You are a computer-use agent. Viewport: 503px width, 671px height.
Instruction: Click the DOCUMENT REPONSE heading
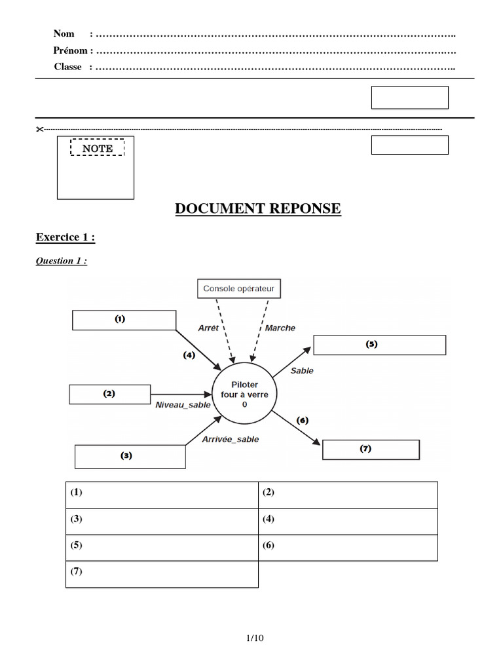tap(257, 209)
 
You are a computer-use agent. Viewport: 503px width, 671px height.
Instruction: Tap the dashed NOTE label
tap(97, 148)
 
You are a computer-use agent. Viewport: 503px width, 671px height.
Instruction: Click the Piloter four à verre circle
tap(244, 395)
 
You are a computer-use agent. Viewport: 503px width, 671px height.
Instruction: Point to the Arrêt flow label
tap(208, 328)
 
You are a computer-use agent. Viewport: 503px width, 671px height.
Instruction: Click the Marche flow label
tap(280, 328)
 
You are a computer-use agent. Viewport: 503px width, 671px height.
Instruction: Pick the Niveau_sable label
tap(183, 405)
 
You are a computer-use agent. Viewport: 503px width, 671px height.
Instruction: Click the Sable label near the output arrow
tap(302, 370)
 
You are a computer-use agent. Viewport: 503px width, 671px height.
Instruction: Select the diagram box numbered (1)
tap(124, 320)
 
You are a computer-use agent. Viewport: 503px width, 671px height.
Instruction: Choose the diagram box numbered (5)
tap(379, 345)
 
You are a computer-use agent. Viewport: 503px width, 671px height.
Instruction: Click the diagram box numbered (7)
tap(371, 450)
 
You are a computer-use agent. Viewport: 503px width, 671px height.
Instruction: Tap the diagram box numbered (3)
tap(130, 456)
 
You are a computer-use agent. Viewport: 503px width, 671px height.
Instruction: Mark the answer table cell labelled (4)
tap(348, 522)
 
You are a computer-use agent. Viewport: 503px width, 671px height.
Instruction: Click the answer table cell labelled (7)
tap(162, 574)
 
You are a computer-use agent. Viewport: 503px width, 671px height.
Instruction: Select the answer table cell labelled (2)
tap(348, 495)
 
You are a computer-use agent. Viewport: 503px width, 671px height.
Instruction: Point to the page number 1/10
tap(254, 638)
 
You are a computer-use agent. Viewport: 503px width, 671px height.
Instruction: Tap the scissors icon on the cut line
tap(39, 129)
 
